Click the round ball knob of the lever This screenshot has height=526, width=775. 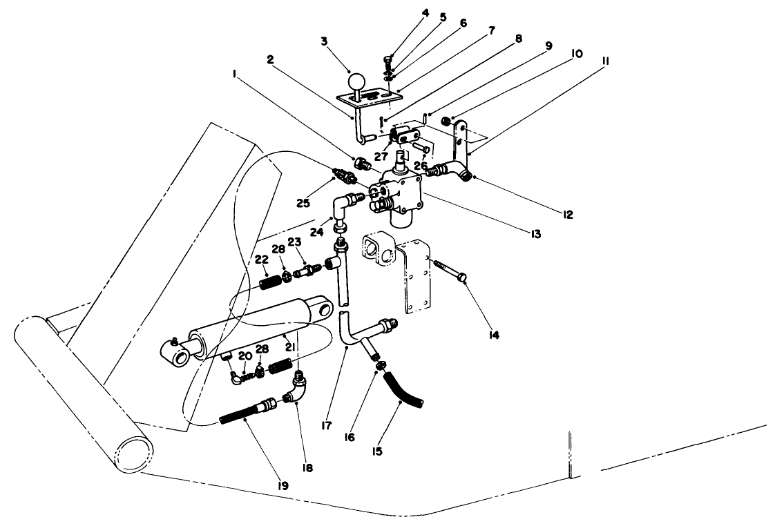pos(356,81)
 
